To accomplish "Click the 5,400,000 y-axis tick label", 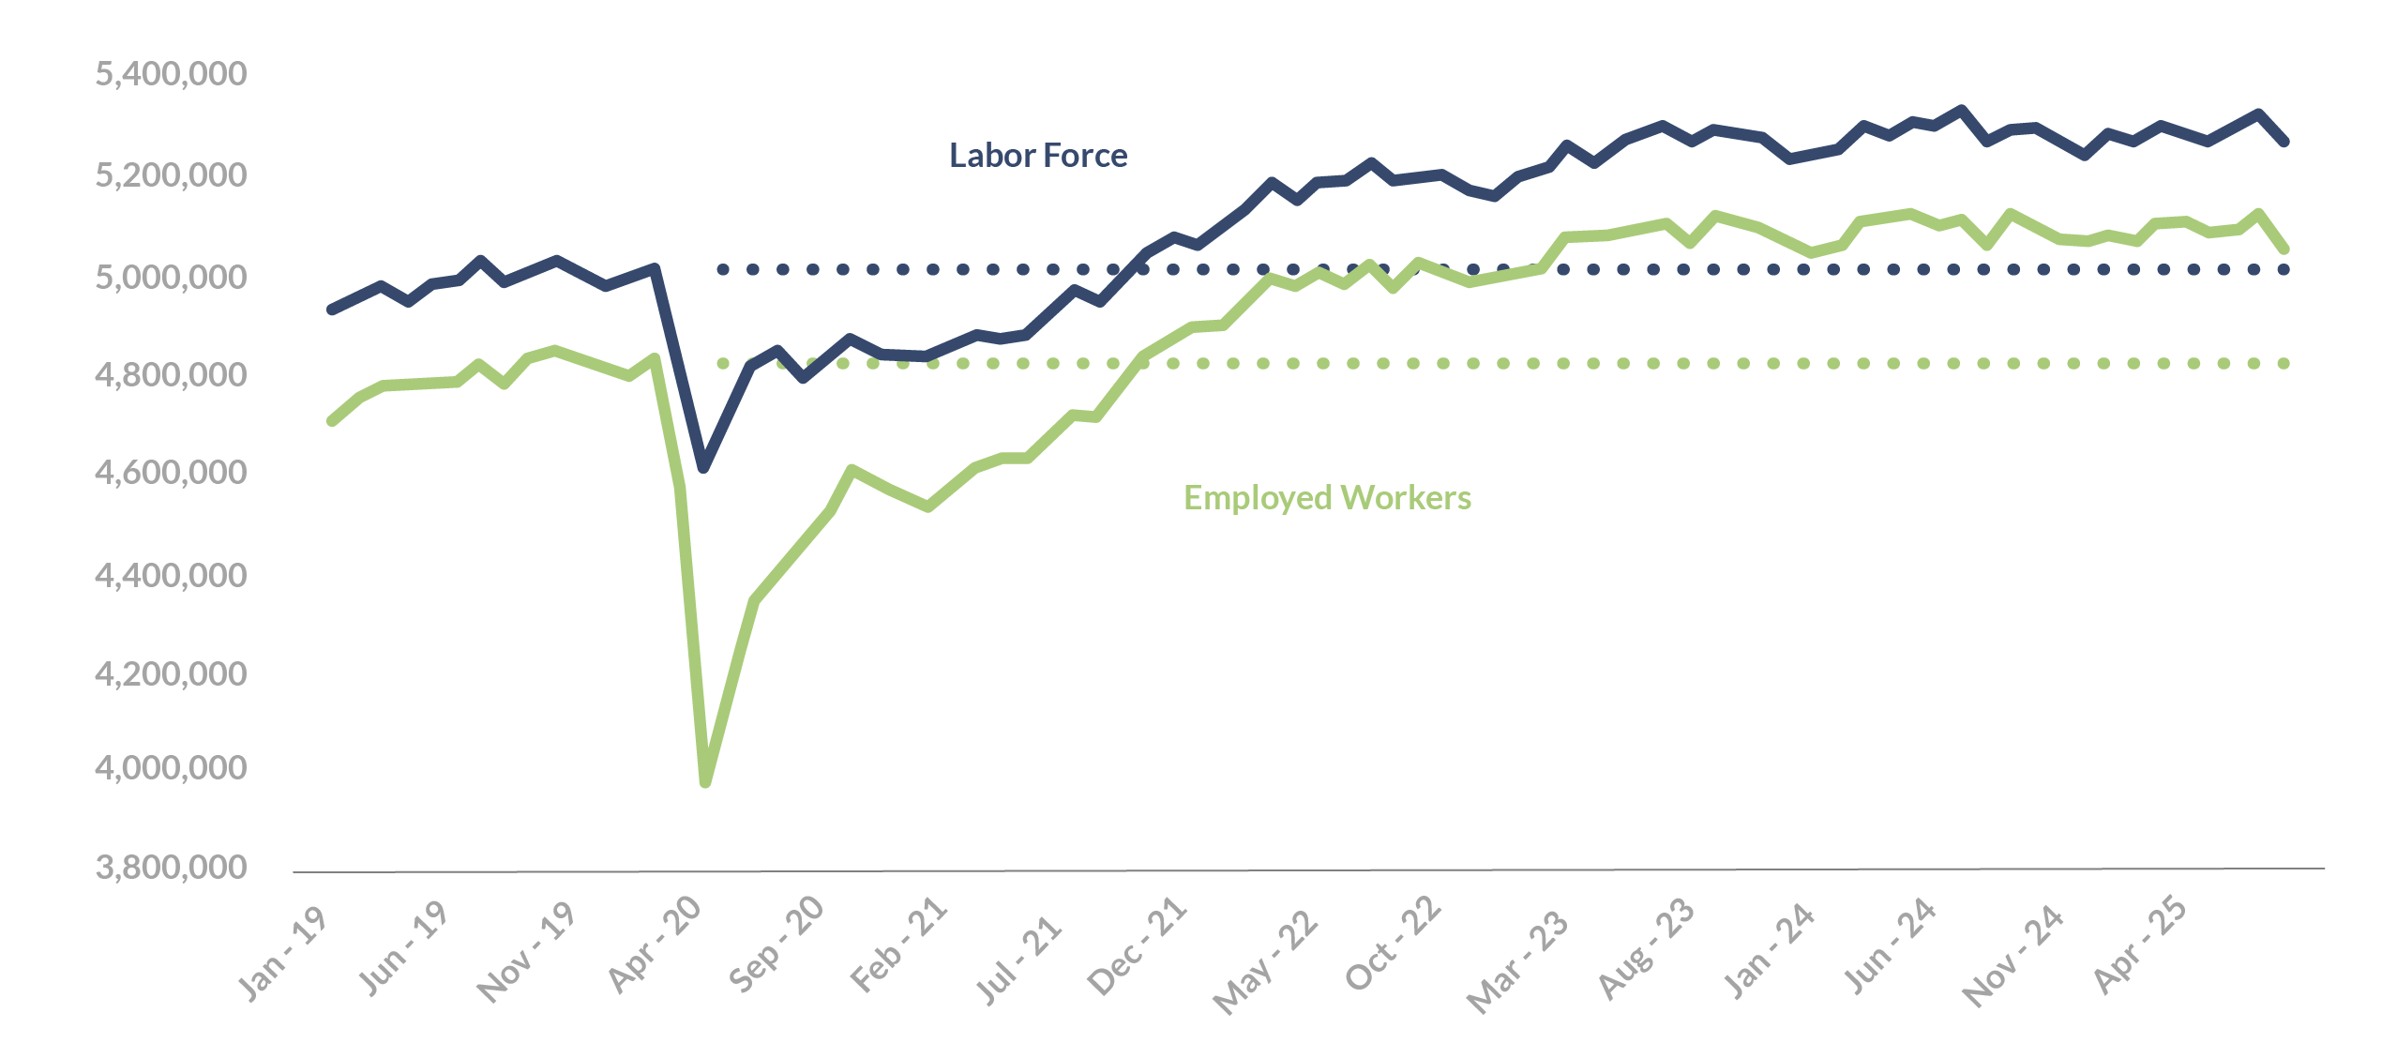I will pyautogui.click(x=171, y=74).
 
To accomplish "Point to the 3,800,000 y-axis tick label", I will pyautogui.click(x=171, y=868).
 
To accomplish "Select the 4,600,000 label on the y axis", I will pyautogui.click(x=171, y=472).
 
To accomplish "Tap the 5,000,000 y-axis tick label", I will pyautogui.click(x=171, y=278).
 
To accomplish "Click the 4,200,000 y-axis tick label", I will pyautogui.click(x=171, y=673).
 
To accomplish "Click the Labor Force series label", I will pyautogui.click(x=1038, y=156).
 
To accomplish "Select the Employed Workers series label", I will pyautogui.click(x=1327, y=498).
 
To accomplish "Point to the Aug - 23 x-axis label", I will pyautogui.click(x=1647, y=947).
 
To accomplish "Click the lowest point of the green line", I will pyautogui.click(x=705, y=781).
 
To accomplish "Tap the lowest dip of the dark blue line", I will pyautogui.click(x=703, y=466).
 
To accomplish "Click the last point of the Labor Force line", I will pyautogui.click(x=2284, y=142).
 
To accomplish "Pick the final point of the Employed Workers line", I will pyautogui.click(x=2284, y=249).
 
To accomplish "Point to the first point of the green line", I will pyautogui.click(x=331, y=421).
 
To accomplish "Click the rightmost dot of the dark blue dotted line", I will pyautogui.click(x=2284, y=269).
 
